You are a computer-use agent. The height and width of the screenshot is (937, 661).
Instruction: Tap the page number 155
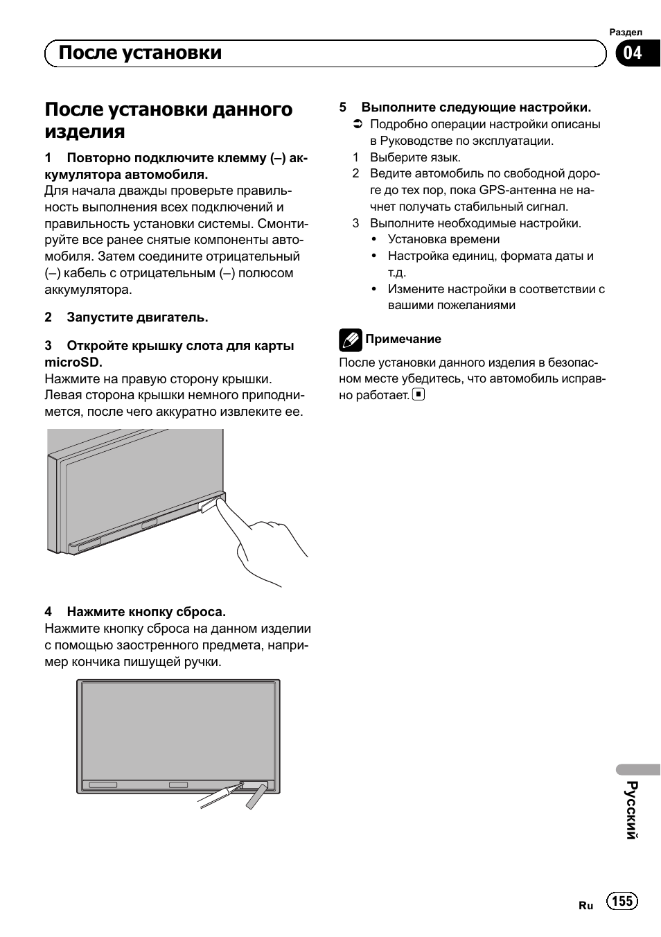622,900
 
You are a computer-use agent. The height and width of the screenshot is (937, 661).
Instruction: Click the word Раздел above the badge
626,33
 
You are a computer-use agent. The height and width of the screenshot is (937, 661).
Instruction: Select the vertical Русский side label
631,809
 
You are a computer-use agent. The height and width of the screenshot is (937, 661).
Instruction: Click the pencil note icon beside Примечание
350,340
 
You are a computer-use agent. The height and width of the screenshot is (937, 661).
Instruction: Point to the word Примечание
403,339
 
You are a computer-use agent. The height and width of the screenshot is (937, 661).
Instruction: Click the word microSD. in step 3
73,362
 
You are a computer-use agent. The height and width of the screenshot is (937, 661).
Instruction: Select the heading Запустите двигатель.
137,317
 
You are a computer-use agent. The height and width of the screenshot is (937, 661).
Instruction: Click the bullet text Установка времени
443,239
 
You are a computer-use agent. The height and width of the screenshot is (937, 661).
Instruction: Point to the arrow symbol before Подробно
357,125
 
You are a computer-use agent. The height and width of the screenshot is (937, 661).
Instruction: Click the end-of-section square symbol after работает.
418,394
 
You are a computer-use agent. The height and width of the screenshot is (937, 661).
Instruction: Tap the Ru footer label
586,905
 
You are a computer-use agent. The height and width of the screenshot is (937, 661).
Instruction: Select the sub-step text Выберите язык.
415,157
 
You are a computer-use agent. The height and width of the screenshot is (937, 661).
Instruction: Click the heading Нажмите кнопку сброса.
146,612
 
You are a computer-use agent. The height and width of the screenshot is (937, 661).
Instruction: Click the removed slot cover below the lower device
256,796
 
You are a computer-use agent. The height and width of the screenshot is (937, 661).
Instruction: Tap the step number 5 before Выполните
342,107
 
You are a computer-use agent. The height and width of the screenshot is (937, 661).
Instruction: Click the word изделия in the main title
85,132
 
